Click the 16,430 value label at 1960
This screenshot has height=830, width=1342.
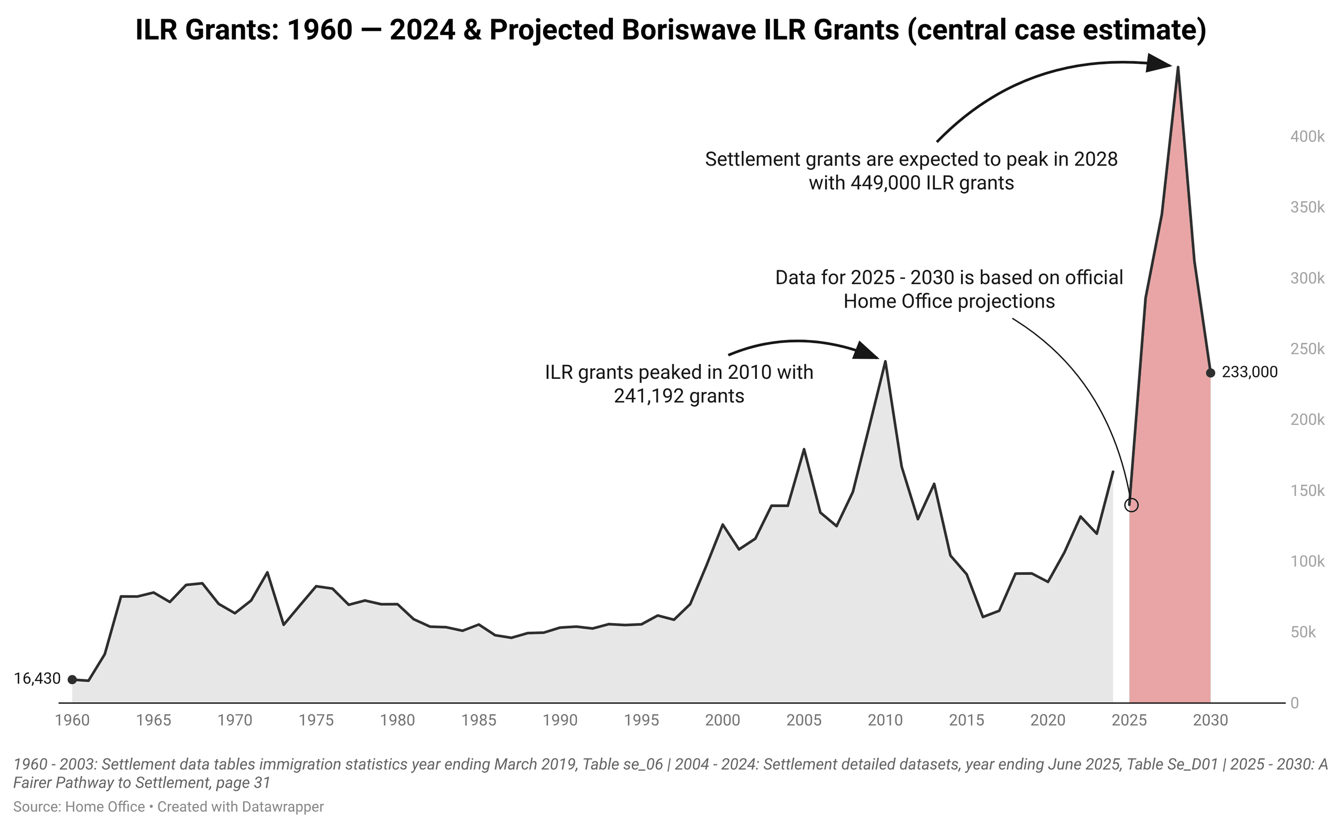[x=37, y=679]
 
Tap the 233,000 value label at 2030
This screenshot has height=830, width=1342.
[x=1249, y=372]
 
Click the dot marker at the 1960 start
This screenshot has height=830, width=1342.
[x=72, y=680]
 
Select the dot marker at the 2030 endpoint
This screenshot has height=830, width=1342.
[x=1210, y=373]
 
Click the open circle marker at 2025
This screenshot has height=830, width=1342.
[x=1131, y=505]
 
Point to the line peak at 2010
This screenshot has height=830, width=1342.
[x=884, y=361]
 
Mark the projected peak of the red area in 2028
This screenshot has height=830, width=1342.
[x=1178, y=68]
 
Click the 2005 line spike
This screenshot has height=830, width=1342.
[x=804, y=450]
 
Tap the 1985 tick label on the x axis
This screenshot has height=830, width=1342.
[x=479, y=720]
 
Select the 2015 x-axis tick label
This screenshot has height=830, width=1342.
[x=967, y=720]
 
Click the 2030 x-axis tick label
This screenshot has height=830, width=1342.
[x=1210, y=720]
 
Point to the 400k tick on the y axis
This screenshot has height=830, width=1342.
[x=1307, y=137]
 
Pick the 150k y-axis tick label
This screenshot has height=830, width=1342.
[x=1307, y=491]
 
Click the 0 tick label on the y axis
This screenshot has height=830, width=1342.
[x=1295, y=703]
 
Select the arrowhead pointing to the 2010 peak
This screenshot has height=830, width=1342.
[x=867, y=351]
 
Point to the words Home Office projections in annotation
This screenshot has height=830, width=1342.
[x=949, y=301]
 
